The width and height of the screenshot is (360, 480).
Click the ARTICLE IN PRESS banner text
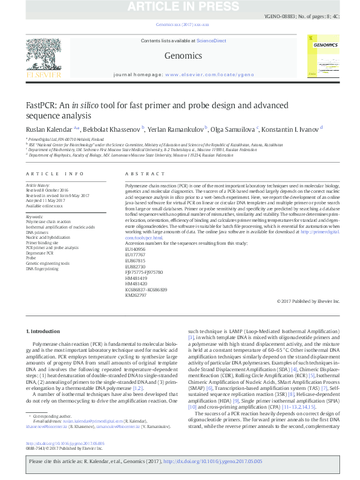[x=180, y=7]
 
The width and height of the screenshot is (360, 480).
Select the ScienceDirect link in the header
[x=212, y=41]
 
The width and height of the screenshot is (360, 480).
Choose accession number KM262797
[x=134, y=296]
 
